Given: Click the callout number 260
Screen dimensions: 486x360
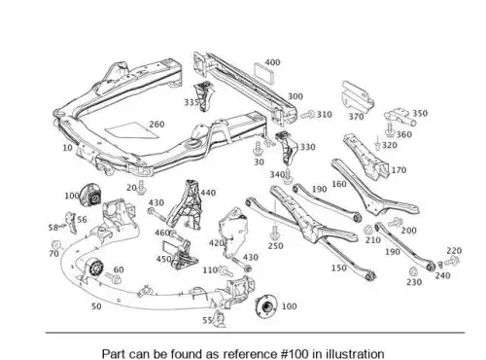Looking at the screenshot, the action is (x=156, y=125).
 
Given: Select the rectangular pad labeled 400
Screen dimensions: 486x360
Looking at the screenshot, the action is (x=264, y=73).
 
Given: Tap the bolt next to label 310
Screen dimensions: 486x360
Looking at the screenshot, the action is (x=307, y=115).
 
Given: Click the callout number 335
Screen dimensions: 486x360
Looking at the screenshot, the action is (x=191, y=102).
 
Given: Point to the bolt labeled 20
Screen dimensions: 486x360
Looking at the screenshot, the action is (x=141, y=188).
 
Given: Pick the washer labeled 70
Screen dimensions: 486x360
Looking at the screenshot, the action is (x=56, y=245).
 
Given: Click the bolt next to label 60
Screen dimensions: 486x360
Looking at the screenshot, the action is (x=113, y=277).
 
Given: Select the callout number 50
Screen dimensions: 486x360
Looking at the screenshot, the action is (x=96, y=306).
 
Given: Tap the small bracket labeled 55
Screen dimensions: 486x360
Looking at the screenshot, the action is (x=221, y=318).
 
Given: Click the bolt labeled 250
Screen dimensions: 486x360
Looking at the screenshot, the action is (x=275, y=232).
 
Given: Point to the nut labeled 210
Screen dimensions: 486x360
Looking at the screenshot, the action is (x=367, y=230).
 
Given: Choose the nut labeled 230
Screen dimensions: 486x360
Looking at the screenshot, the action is (x=413, y=271).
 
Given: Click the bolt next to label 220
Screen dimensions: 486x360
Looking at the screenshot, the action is (x=452, y=261).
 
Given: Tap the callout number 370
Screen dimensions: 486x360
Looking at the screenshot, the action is (x=356, y=117).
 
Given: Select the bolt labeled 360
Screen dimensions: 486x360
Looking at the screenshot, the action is (x=390, y=129).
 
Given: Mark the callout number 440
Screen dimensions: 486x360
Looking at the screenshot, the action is (x=208, y=193).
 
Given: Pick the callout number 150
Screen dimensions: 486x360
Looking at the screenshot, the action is (x=339, y=268).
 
